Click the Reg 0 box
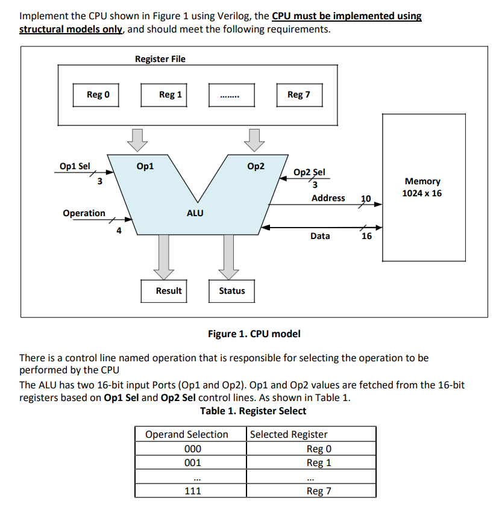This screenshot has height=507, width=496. tap(95, 95)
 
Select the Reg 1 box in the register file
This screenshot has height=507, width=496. tap(171, 95)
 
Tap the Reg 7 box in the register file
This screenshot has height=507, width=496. tap(300, 95)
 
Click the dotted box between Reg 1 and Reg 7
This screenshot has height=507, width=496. tap(231, 95)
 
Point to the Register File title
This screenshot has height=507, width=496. tap(160, 59)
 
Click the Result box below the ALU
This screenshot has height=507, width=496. tap(169, 291)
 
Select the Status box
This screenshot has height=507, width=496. tap(232, 291)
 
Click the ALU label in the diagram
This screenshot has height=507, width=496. tap(195, 213)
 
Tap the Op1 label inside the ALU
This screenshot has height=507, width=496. tap(145, 166)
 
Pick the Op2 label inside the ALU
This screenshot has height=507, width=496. tap(256, 166)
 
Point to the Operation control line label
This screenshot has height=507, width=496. tap(84, 213)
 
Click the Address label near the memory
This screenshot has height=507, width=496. tap(328, 198)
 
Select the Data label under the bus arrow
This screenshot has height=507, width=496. tap(320, 236)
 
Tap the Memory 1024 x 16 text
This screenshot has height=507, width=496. tap(422, 187)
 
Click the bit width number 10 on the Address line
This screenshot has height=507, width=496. tap(366, 199)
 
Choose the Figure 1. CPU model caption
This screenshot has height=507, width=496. tap(254, 334)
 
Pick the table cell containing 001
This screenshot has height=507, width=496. tap(192, 462)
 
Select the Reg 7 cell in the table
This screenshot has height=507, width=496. tap(319, 491)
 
